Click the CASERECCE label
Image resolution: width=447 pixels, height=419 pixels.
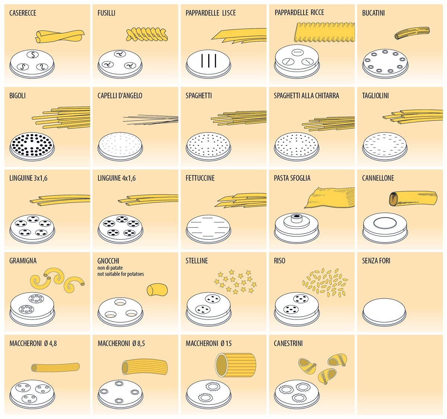click(23, 13)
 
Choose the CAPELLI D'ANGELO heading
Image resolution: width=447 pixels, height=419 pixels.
click(120, 96)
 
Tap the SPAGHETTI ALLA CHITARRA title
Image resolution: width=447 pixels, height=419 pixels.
click(306, 96)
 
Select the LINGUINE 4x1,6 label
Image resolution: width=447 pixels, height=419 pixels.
click(117, 178)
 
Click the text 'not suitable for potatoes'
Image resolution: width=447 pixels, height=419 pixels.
click(121, 274)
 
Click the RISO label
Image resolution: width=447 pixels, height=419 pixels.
click(279, 261)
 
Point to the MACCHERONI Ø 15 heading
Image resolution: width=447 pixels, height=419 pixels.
click(209, 343)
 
